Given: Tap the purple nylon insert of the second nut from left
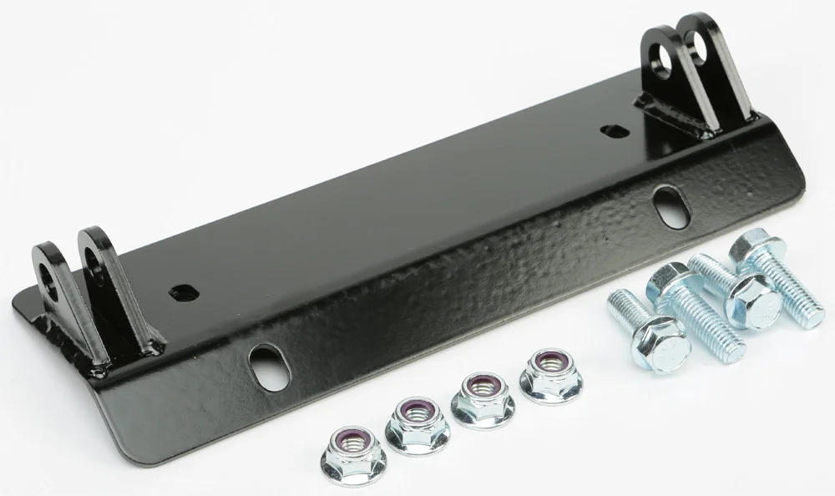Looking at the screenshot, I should tap(417, 411).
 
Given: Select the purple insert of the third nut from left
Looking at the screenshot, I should tap(483, 387).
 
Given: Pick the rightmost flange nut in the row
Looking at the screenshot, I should tap(550, 375).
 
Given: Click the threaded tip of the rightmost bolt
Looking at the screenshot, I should tap(807, 312).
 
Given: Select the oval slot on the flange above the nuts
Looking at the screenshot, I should tap(269, 367).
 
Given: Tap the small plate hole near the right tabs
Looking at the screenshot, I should tap(614, 131).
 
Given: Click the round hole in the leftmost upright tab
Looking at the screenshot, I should tap(49, 284).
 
